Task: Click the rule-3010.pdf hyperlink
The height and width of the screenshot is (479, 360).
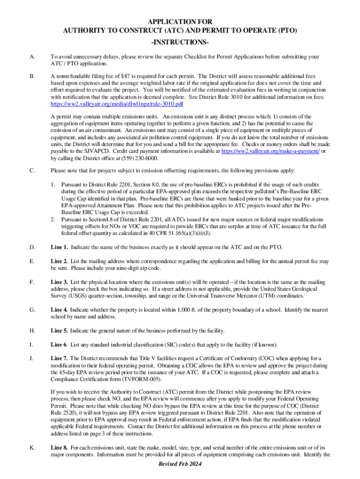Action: [x=116, y=103]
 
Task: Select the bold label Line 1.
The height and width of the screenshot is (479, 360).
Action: [x=59, y=247]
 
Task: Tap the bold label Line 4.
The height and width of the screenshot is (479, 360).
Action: [x=59, y=310]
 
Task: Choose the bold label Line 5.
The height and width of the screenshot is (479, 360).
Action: [x=59, y=331]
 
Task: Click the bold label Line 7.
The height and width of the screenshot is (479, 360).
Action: [x=59, y=358]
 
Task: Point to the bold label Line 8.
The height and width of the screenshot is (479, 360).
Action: [x=59, y=448]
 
